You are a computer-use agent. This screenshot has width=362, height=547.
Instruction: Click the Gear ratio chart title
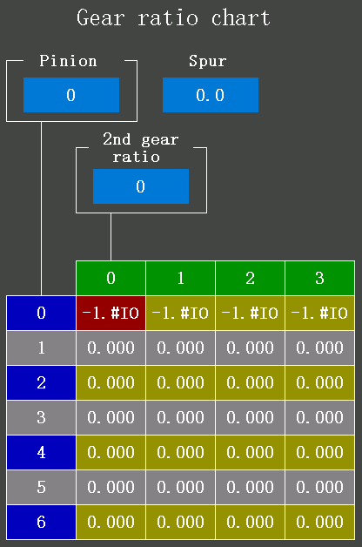173,17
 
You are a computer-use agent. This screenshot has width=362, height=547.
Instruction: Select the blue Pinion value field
71,95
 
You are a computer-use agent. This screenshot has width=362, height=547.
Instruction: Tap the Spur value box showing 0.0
211,95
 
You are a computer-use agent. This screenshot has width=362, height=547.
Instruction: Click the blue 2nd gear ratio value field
141,186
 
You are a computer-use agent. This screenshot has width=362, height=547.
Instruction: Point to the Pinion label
68,61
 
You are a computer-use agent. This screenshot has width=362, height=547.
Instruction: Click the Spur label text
208,61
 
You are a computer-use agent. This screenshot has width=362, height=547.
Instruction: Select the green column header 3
320,278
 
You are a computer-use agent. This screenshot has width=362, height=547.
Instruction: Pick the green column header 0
111,278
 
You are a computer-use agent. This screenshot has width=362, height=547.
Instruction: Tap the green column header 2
250,278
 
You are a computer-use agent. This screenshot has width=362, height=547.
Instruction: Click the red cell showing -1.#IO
111,313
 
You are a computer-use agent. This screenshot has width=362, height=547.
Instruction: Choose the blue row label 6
41,523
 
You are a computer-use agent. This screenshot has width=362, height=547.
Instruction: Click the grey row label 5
41,488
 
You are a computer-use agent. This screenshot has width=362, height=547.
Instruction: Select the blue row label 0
41,313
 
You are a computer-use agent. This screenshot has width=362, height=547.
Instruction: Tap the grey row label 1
41,348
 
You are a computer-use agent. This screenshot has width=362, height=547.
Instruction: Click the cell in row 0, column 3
320,313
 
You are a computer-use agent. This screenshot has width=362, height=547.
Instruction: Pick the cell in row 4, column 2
250,452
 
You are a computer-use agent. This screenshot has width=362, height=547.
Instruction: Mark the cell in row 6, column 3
320,523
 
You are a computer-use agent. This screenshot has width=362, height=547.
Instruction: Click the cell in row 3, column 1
180,417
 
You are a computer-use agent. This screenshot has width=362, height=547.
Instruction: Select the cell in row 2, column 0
111,382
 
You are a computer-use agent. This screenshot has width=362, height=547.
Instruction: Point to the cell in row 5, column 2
250,488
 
